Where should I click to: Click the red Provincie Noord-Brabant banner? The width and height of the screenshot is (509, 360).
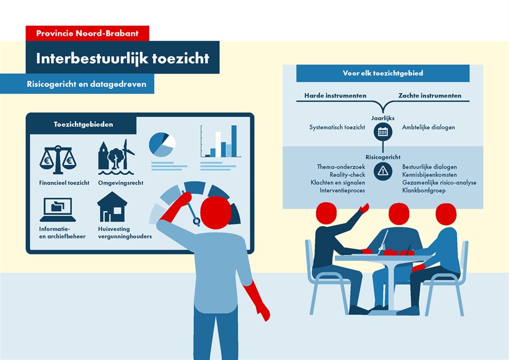87,34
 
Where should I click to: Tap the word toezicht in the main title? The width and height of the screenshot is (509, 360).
181,58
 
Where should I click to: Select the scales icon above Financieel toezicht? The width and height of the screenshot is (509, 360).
58,160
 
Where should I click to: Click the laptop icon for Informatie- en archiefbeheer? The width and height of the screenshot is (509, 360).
58,210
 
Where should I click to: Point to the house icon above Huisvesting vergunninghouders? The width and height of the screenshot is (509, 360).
112,207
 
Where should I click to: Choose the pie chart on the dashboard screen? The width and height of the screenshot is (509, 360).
162,145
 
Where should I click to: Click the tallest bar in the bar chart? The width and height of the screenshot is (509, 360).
234,141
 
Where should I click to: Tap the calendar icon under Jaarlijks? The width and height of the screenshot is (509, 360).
383,132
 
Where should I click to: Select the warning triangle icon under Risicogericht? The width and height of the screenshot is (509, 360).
383,171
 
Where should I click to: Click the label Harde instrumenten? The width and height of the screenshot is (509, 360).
335,95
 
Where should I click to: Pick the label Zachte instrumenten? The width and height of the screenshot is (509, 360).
430,95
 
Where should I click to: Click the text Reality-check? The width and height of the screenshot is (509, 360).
347,175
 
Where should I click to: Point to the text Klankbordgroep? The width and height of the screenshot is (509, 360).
424,190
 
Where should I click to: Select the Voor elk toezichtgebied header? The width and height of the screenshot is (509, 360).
383,74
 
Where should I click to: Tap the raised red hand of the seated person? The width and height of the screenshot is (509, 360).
364,208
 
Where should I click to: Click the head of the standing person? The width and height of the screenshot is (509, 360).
216,213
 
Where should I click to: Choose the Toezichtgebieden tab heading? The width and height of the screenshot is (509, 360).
83,125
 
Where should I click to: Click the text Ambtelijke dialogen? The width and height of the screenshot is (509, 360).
428,127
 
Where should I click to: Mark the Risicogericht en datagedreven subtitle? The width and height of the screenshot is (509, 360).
87,84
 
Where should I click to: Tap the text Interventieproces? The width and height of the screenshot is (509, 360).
342,190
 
